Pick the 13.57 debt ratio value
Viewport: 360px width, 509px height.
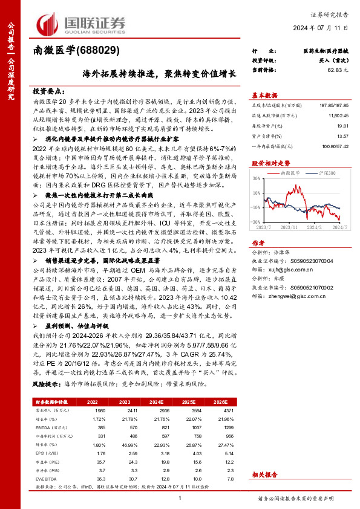coord(343,137)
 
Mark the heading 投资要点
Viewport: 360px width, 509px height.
coord(47,88)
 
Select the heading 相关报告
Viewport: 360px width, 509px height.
coord(264,475)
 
